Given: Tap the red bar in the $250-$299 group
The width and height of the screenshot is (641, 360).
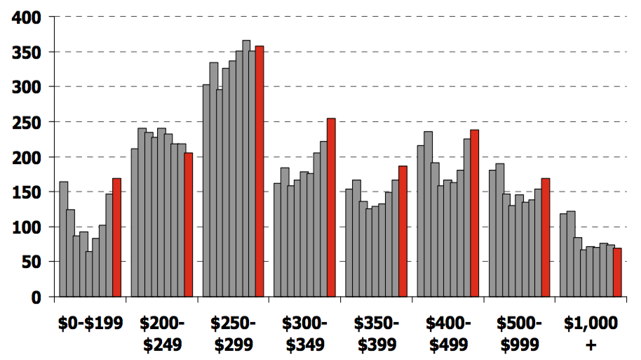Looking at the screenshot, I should (x=259, y=171).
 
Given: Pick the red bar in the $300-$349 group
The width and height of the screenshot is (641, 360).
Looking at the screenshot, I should (x=331, y=207).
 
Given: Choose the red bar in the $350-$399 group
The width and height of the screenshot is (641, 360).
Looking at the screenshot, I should (x=403, y=231).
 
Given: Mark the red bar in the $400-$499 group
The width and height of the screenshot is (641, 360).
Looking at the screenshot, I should (x=474, y=213).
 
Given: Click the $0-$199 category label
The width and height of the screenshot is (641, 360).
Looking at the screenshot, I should (x=90, y=324).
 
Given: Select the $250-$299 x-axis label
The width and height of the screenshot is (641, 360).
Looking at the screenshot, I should (x=234, y=333).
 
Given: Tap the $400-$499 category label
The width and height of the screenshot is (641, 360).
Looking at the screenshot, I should (x=449, y=333).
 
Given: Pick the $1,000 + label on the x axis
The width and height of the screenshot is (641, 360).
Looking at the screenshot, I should (x=591, y=333).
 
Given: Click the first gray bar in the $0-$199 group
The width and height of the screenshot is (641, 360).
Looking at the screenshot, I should (x=64, y=239).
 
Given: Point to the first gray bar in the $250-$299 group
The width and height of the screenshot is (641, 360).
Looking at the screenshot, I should (x=206, y=190).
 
